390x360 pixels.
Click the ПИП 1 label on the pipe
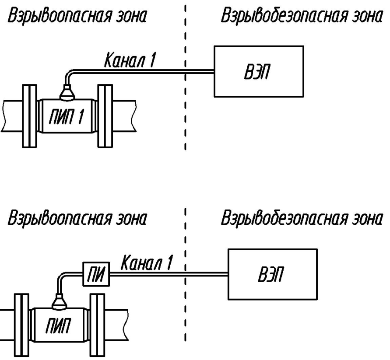(67, 117)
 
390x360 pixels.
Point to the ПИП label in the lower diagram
(58, 325)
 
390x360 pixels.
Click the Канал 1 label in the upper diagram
(130, 60)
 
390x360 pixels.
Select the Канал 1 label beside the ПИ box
(147, 262)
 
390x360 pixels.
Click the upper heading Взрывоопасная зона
(77, 16)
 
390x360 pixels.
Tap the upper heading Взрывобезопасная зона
(302, 16)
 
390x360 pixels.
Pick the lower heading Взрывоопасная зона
(77, 219)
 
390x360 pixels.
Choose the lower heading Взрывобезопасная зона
(302, 218)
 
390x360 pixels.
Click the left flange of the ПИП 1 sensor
(30, 116)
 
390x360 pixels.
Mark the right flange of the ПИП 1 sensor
(105, 116)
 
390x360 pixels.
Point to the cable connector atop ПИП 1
(67, 93)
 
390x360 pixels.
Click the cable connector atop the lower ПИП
(59, 302)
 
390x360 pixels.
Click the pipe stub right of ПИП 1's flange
(124, 116)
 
